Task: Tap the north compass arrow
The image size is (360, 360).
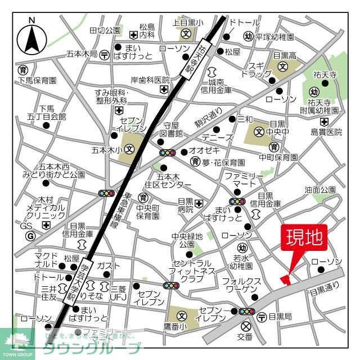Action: click(32, 39)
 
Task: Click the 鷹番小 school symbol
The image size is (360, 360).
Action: click(182, 317)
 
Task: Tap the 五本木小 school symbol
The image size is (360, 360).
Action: click(130, 150)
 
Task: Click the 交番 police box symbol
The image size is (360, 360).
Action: click(245, 326)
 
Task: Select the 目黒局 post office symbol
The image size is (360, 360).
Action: click(262, 317)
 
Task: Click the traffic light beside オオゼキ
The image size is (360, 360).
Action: click(168, 152)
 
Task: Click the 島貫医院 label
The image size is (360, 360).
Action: click(327, 132)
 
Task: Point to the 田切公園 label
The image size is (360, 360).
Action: click(105, 30)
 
